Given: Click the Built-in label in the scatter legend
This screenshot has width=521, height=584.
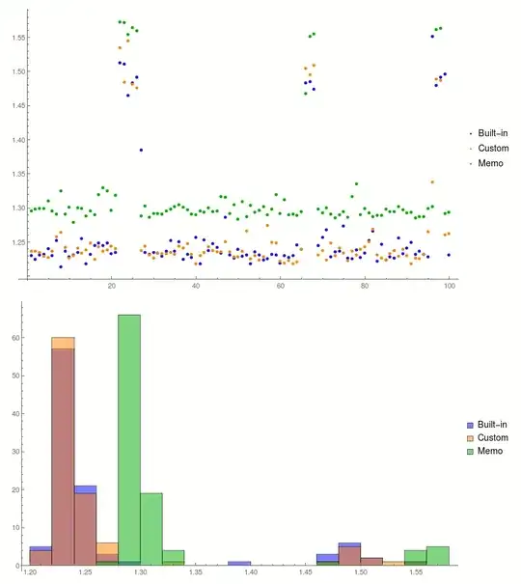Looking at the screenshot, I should click(493, 132).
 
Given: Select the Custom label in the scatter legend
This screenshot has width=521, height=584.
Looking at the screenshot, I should click(493, 148).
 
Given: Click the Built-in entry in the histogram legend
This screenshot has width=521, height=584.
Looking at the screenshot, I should click(492, 425).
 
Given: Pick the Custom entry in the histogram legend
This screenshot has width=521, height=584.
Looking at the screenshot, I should click(492, 437).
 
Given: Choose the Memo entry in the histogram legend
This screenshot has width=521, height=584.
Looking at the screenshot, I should click(489, 451).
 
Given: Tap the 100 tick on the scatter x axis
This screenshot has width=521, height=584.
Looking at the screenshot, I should click(450, 288).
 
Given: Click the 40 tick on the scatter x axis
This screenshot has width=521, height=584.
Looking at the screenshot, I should click(196, 288).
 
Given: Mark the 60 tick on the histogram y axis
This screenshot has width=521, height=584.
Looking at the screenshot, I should click(14, 339).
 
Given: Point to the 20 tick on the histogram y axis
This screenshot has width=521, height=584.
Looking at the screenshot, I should click(14, 489).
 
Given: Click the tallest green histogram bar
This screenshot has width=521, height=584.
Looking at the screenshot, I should click(129, 434).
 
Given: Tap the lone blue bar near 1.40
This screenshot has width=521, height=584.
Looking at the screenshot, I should click(239, 563).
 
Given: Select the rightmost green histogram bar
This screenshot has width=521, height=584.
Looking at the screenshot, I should click(437, 556).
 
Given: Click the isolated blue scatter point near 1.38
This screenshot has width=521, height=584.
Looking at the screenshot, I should click(141, 150).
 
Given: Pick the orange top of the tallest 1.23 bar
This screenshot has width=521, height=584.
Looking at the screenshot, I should click(63, 343).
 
